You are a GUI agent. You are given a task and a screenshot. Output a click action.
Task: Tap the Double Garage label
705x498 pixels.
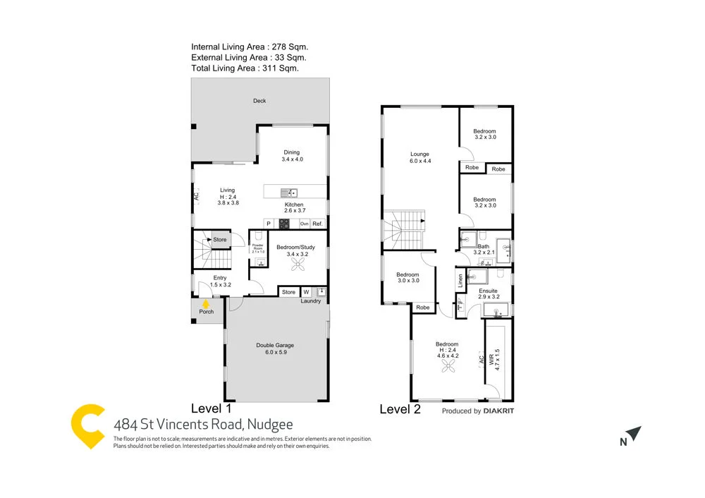click(274, 345)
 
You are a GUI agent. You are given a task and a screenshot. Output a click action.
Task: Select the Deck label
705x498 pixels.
click(259, 101)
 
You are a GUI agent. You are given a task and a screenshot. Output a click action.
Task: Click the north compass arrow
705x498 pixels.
click(634, 433)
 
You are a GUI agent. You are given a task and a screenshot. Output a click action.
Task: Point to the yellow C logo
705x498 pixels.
click(88, 426)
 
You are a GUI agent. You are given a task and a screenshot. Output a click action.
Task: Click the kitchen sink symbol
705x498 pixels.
click(289, 192)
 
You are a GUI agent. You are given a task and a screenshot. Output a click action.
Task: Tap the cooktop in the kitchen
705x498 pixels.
click(284, 224)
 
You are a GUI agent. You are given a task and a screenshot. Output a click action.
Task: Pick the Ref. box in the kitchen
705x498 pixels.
click(317, 224)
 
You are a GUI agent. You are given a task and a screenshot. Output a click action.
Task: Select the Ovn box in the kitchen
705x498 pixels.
click(304, 224)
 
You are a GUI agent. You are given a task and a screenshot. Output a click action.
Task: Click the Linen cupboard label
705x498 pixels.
click(460, 281)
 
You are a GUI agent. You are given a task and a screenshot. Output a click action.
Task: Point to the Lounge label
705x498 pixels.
click(420, 154)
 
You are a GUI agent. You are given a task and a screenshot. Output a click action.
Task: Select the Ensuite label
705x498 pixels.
click(488, 291)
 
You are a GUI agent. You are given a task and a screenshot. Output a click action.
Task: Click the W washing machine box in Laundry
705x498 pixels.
click(307, 291)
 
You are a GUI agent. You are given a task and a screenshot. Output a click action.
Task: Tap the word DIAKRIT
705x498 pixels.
click(501, 411)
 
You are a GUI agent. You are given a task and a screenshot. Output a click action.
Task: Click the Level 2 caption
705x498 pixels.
click(400, 409)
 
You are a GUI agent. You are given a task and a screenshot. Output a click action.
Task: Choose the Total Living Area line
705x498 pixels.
click(245, 68)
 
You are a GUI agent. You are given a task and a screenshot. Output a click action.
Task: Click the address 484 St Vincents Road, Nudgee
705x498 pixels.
click(203, 424)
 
